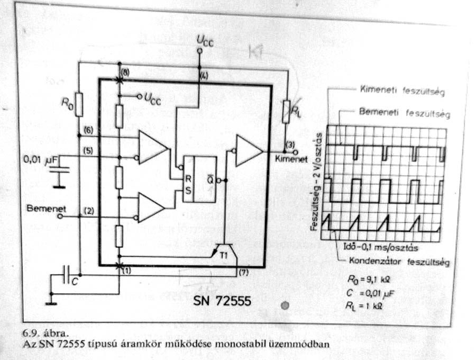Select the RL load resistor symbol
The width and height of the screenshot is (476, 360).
pos(286,112)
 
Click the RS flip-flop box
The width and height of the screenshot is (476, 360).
pos(199,179)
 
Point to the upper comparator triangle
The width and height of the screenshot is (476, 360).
pos(152,146)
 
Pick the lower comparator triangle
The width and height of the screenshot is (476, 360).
pos(151,207)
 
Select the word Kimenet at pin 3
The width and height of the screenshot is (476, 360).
pos(290,159)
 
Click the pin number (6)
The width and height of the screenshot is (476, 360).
pos(88,130)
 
